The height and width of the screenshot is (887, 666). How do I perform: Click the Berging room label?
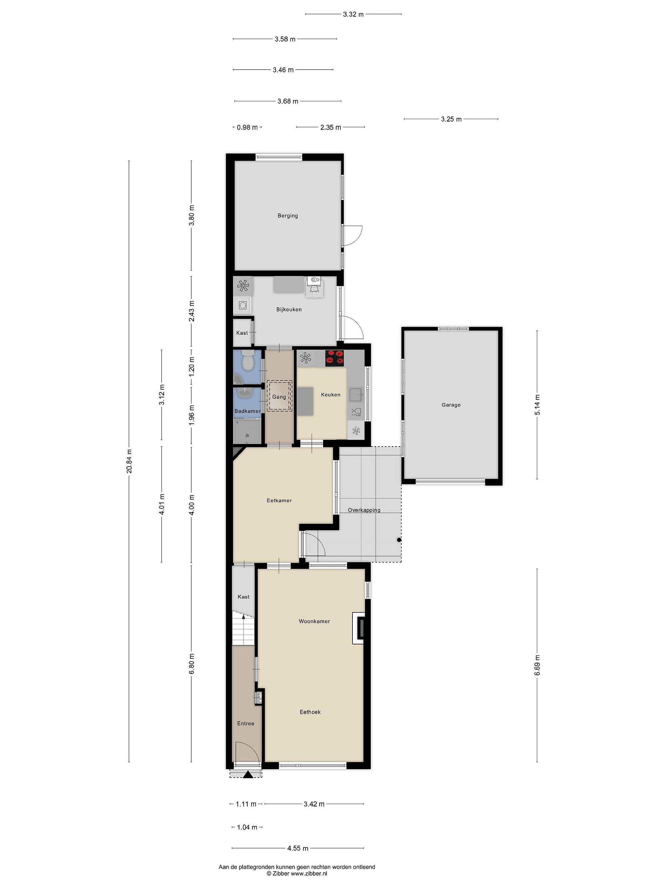[x=287, y=215]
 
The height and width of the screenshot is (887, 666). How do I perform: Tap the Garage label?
[x=451, y=405]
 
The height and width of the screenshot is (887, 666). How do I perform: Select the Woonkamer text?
[x=314, y=621]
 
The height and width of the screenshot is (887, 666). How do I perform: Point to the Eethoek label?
[x=310, y=712]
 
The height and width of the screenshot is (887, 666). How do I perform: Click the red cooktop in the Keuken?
[x=335, y=358]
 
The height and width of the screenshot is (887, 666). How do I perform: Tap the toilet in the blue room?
[x=247, y=360]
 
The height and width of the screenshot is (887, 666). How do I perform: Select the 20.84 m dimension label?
[x=129, y=461]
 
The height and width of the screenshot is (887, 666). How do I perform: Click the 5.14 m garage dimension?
[x=537, y=405]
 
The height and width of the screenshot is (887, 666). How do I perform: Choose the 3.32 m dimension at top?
[x=353, y=14]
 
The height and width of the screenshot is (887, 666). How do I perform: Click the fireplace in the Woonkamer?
[x=359, y=628]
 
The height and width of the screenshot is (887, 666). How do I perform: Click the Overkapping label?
[x=364, y=510]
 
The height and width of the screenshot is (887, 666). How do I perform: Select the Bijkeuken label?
[x=289, y=309]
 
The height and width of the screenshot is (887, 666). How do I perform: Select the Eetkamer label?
[x=279, y=500]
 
